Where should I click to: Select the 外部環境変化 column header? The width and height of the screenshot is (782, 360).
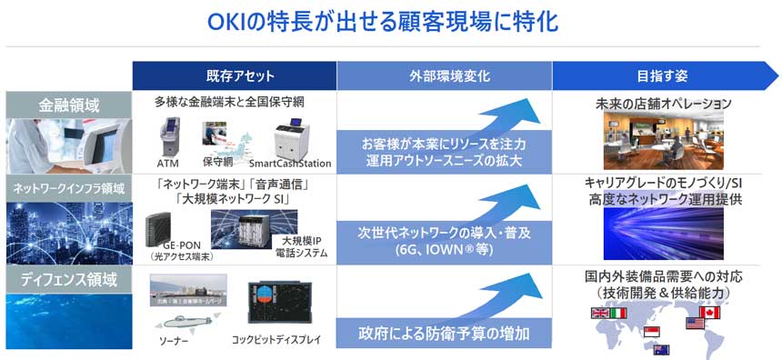[x=446, y=75]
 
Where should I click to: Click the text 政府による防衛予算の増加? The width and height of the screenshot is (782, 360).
[x=444, y=331]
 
